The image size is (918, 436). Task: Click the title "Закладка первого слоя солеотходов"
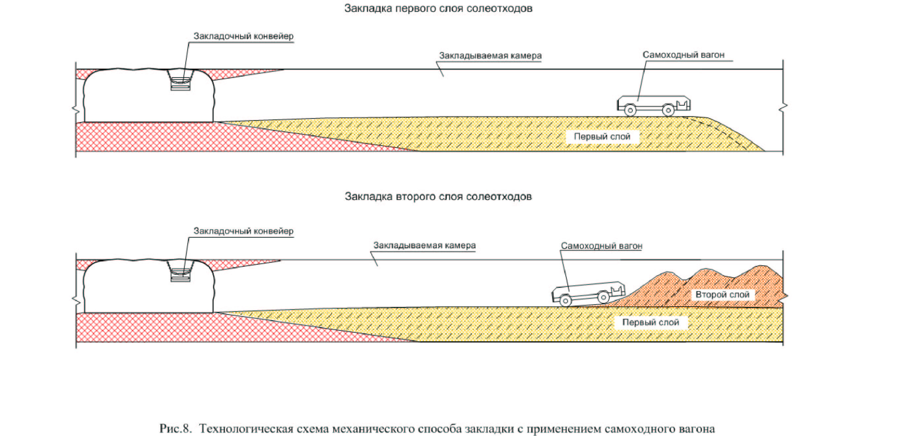pyautogui.click(x=438, y=9)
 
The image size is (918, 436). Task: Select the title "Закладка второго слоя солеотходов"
pyautogui.click(x=438, y=196)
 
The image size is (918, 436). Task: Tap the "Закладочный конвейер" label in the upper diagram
pyautogui.click(x=243, y=36)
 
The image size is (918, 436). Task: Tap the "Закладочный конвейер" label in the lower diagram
pyautogui.click(x=243, y=231)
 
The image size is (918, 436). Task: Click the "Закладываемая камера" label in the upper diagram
pyautogui.click(x=490, y=56)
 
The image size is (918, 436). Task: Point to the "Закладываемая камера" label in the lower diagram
pyautogui.click(x=424, y=245)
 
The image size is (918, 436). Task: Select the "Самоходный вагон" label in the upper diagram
pyautogui.click(x=683, y=55)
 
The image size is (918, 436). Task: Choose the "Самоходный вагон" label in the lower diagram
pyautogui.click(x=601, y=246)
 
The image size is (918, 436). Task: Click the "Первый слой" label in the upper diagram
pyautogui.click(x=602, y=137)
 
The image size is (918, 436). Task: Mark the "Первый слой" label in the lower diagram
pyautogui.click(x=650, y=322)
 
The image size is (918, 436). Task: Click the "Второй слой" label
pyautogui.click(x=722, y=295)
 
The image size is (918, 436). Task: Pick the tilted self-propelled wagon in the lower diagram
pyautogui.click(x=588, y=293)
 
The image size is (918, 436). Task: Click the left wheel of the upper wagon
pyautogui.click(x=630, y=110)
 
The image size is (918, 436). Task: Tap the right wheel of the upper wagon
pyautogui.click(x=668, y=110)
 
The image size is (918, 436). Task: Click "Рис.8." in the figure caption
pyautogui.click(x=175, y=428)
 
